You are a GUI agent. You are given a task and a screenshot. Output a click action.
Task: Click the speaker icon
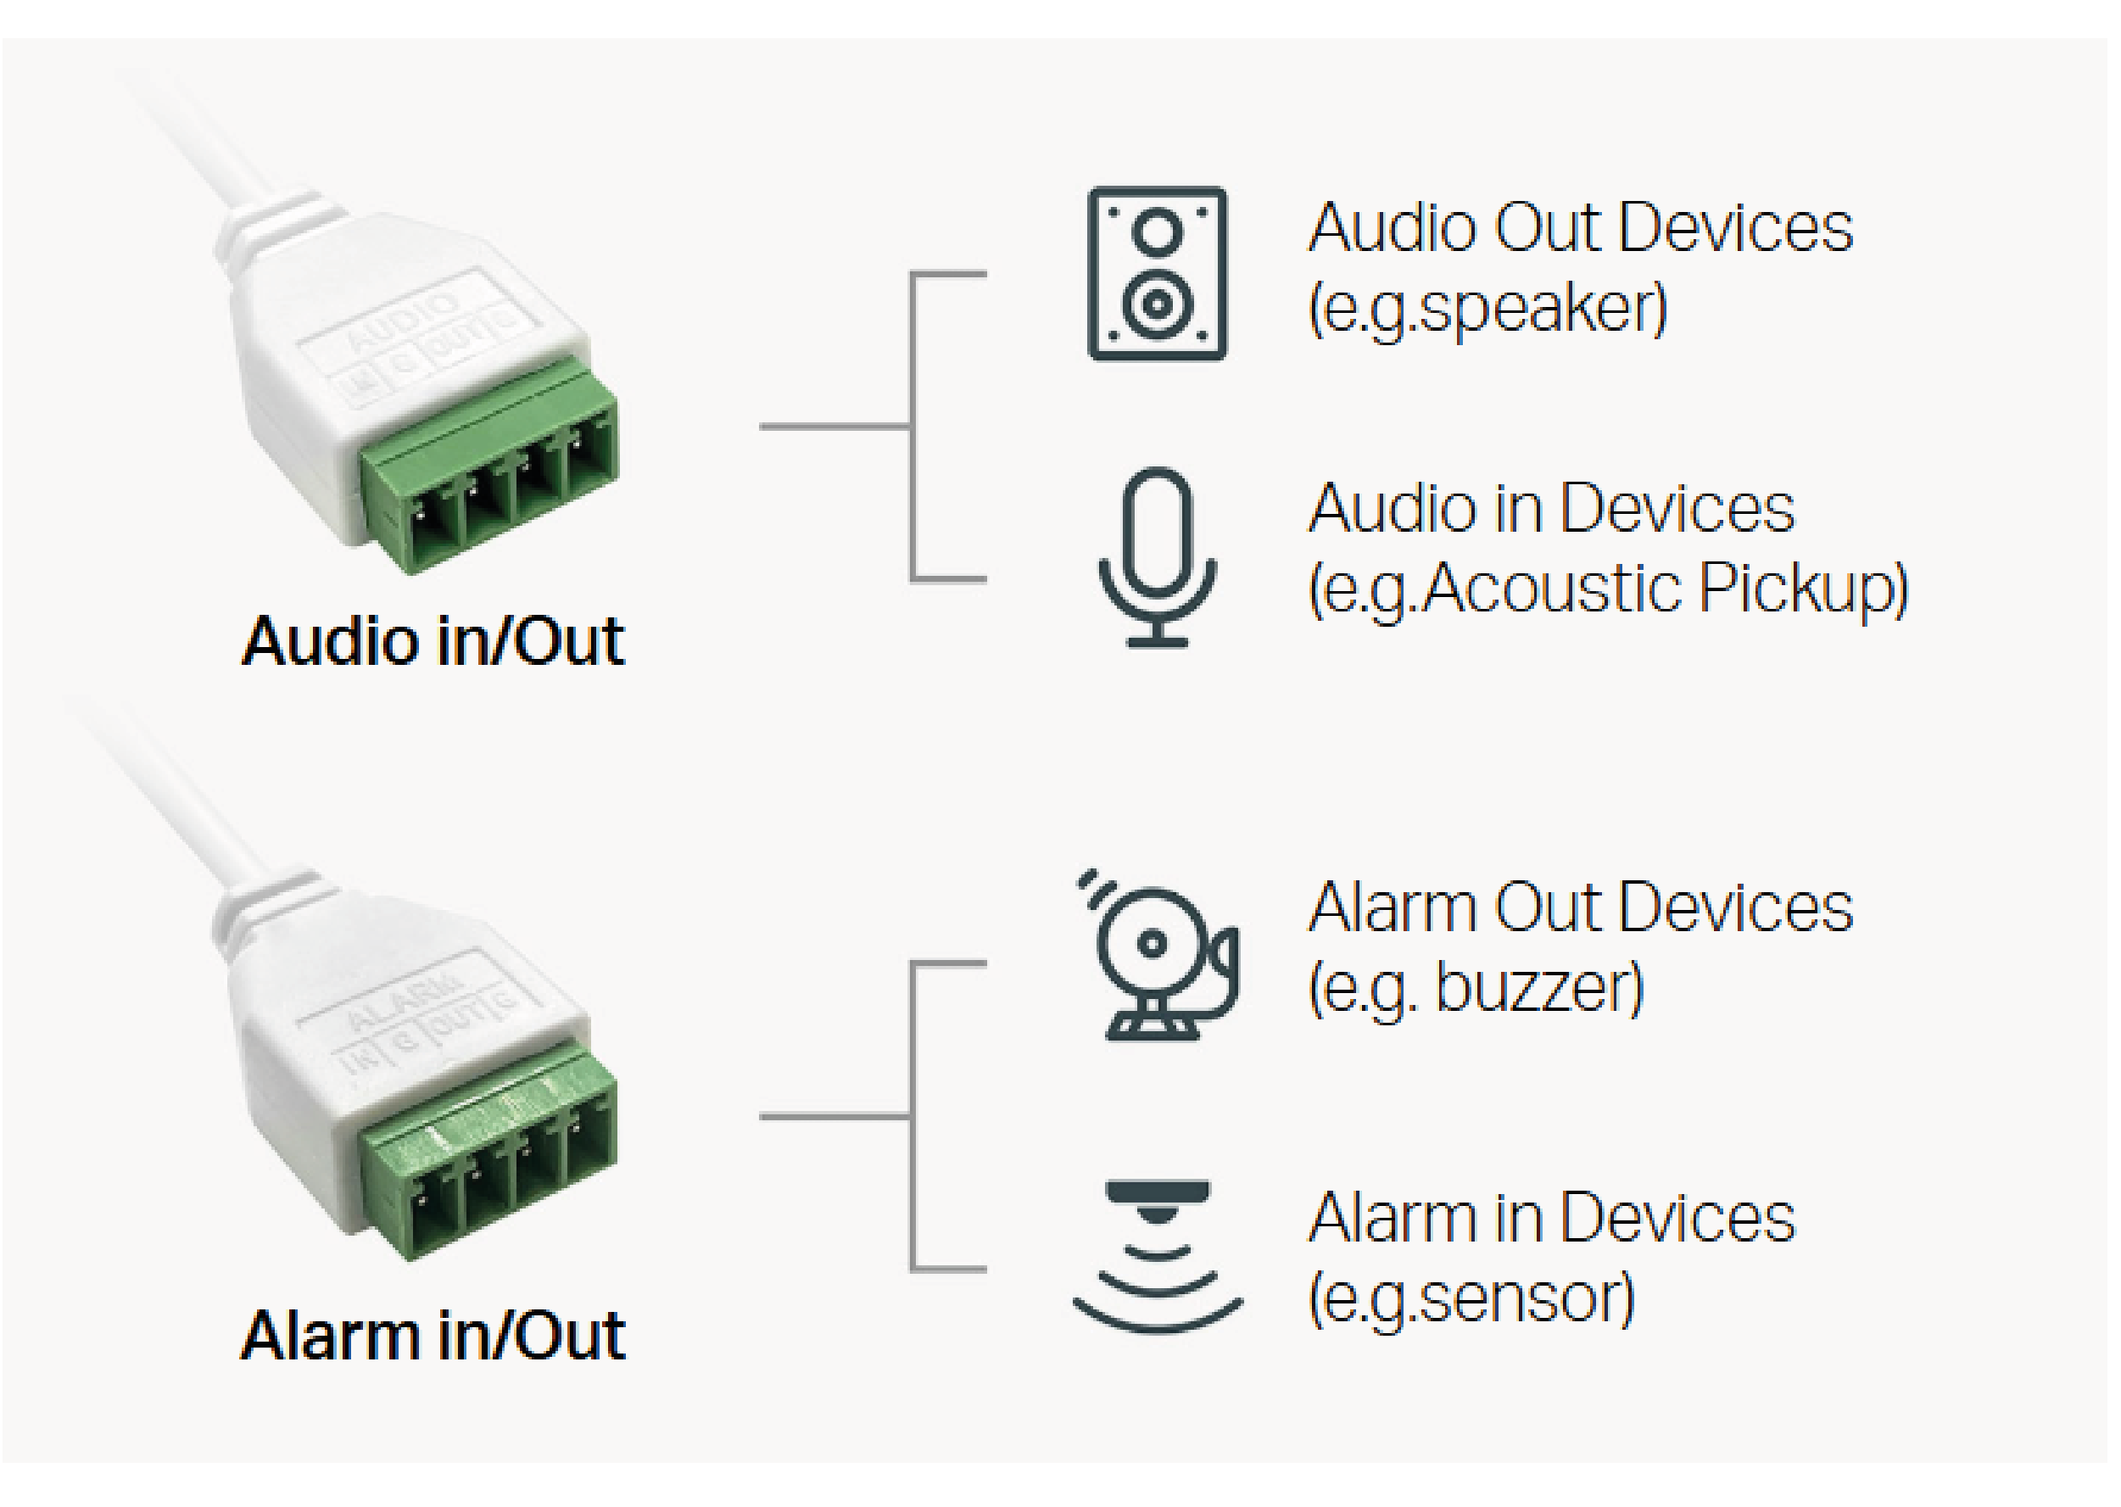(1157, 274)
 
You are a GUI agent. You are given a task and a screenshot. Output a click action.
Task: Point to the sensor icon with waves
(1157, 1258)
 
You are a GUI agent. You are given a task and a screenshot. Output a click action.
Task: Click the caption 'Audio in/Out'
(433, 641)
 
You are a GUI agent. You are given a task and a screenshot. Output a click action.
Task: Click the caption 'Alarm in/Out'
(433, 1336)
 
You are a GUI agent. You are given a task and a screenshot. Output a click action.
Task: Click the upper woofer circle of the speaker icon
(1158, 230)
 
